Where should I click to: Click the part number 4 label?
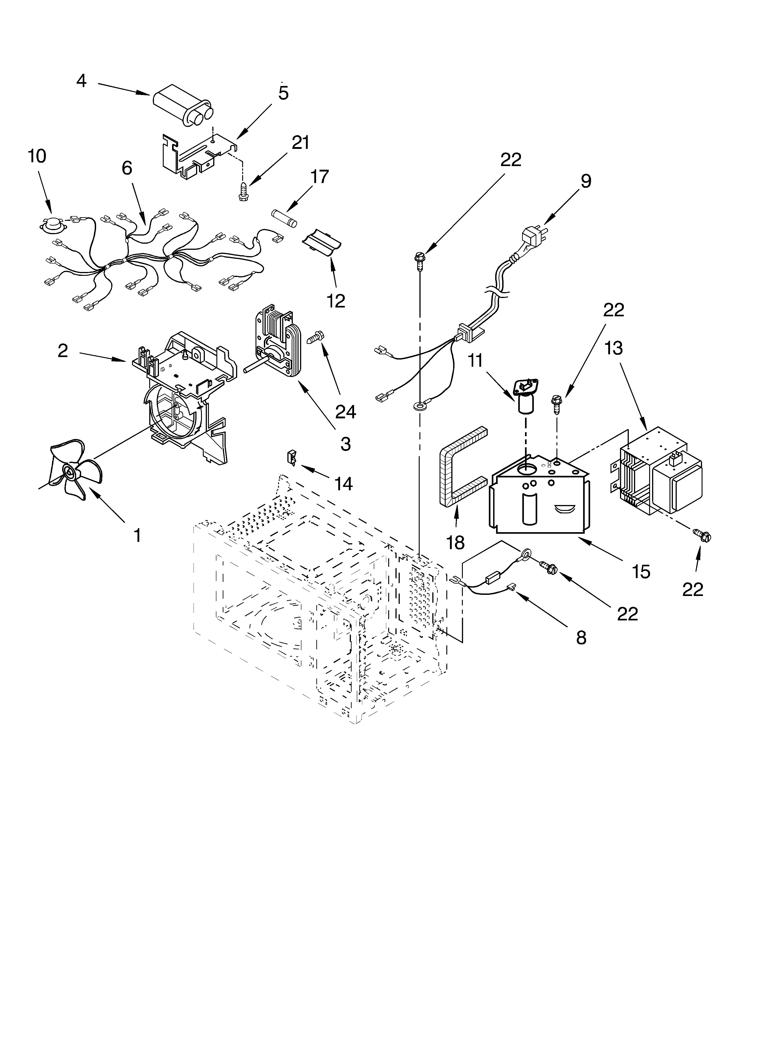point(81,81)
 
